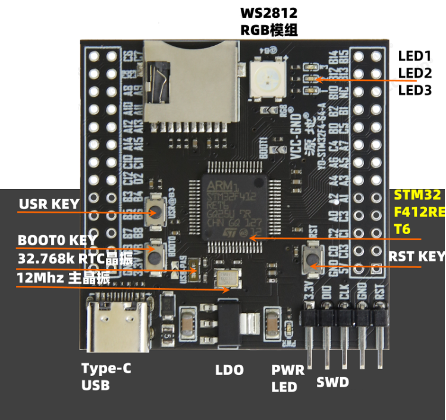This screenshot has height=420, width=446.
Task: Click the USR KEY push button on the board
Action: tap(155, 211)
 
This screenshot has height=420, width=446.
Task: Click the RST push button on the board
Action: tap(313, 257)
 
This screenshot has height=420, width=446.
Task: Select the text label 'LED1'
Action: tap(414, 56)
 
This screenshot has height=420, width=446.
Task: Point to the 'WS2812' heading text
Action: tap(268, 12)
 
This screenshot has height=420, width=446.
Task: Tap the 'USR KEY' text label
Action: tap(49, 204)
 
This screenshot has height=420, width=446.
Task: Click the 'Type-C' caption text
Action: tap(106, 368)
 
